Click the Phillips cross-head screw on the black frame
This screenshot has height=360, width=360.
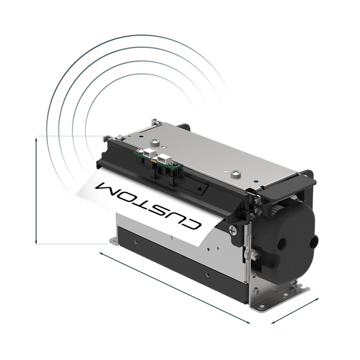pos(232,230)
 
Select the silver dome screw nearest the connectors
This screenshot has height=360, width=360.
pos(155,142)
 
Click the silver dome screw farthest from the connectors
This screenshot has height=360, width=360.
pos(235,174)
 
